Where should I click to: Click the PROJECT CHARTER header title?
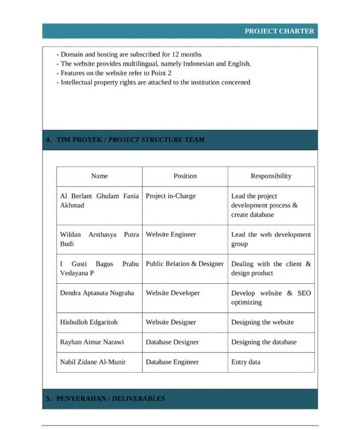(x=279, y=31)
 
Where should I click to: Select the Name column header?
(x=99, y=176)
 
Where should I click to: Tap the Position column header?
(x=185, y=176)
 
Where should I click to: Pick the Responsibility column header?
(x=271, y=176)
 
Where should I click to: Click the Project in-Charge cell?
(x=171, y=196)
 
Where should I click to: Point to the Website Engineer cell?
(x=171, y=235)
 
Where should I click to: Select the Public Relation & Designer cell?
(x=185, y=264)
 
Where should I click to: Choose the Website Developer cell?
(x=173, y=293)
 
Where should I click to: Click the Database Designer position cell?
(x=172, y=342)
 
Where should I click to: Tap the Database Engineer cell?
(x=172, y=362)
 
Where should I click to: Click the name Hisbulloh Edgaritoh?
(x=89, y=322)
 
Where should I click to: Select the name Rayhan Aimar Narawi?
(x=92, y=342)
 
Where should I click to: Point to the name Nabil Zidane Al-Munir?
(x=93, y=362)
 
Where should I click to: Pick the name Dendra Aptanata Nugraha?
(x=97, y=293)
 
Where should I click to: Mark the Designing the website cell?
(x=262, y=322)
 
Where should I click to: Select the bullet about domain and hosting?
(x=131, y=55)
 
